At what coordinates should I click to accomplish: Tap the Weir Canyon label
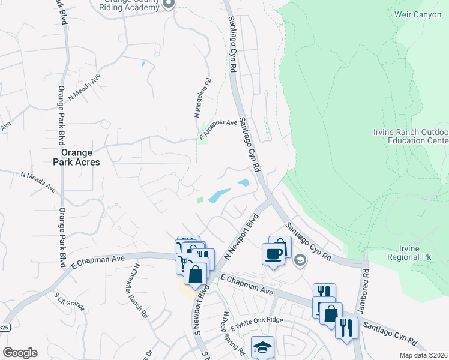[418, 14]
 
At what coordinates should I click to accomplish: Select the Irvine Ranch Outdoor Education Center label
[411, 136]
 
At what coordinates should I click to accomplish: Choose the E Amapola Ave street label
[218, 123]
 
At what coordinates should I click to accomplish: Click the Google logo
[20, 352]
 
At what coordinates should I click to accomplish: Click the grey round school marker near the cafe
[300, 260]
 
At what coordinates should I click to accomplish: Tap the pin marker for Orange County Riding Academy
[169, 4]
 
